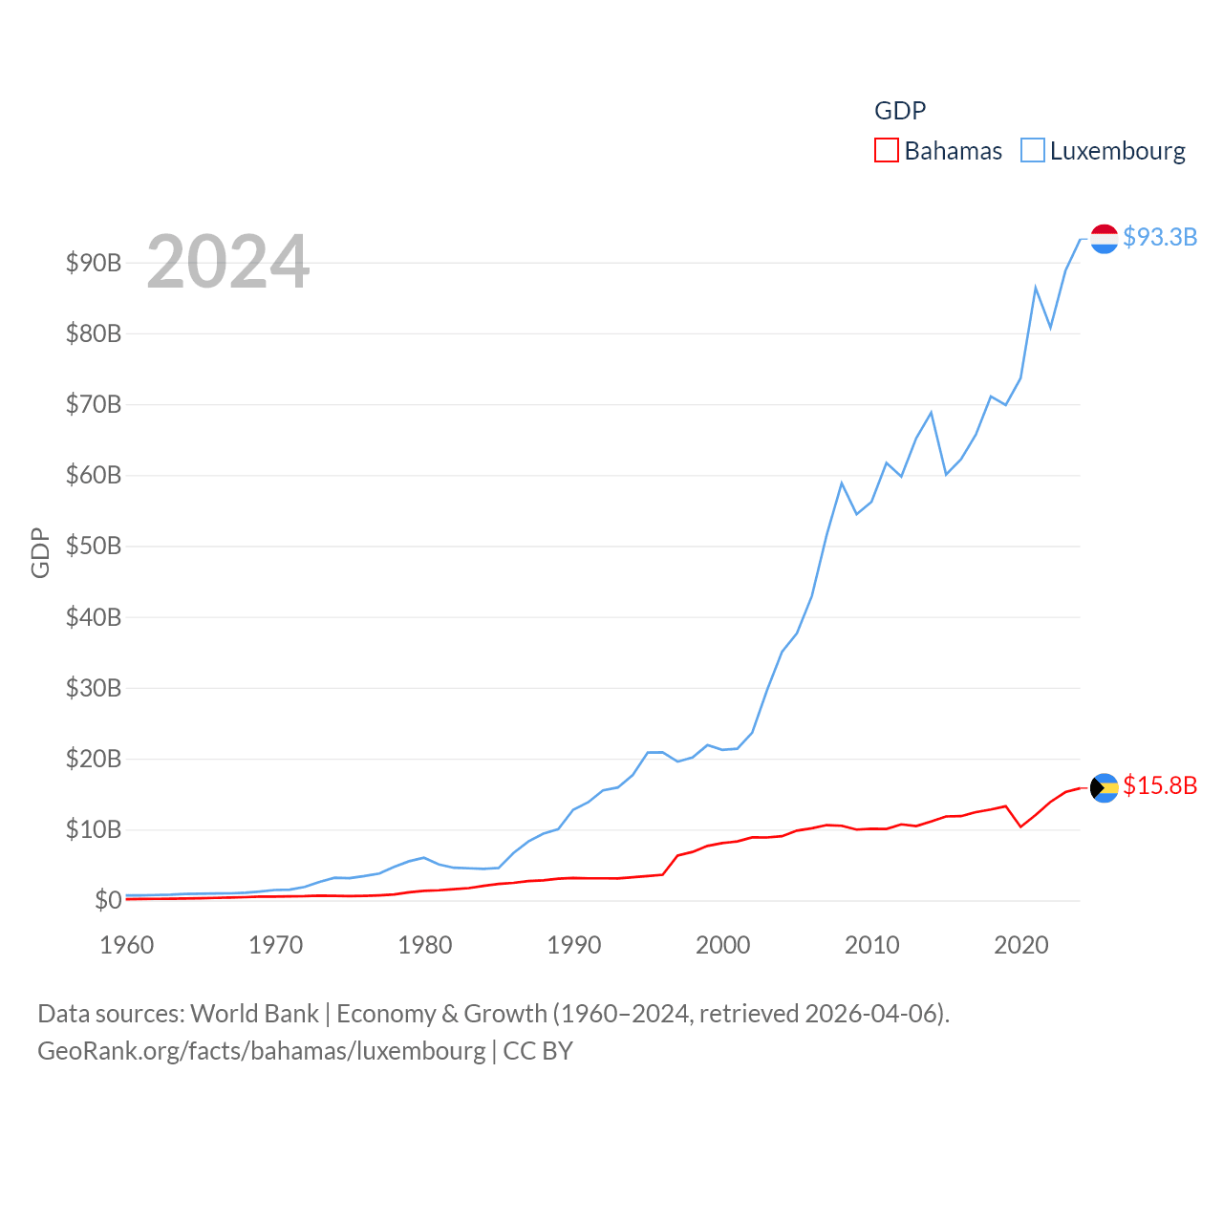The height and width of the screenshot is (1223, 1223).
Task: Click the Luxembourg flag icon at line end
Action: pyautogui.click(x=1105, y=239)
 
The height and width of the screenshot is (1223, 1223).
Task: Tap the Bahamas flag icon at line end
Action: pyautogui.click(x=1105, y=788)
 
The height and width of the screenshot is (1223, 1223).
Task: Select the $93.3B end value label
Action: pyautogui.click(x=1160, y=237)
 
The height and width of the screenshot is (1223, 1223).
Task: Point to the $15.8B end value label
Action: pyautogui.click(x=1160, y=785)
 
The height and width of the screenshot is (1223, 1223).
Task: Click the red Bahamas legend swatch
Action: pyautogui.click(x=887, y=151)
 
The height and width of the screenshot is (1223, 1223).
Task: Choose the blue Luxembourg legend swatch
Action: pyautogui.click(x=1033, y=151)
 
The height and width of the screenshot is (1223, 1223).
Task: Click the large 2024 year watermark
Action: pyautogui.click(x=227, y=262)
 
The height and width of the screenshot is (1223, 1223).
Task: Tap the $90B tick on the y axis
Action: pyautogui.click(x=94, y=263)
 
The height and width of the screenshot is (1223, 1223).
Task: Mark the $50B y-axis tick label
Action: pyautogui.click(x=94, y=547)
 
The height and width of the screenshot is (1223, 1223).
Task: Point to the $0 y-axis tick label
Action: pyautogui.click(x=108, y=900)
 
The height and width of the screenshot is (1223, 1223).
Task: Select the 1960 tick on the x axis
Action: pyautogui.click(x=127, y=945)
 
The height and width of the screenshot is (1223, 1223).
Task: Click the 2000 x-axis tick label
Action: pyautogui.click(x=723, y=945)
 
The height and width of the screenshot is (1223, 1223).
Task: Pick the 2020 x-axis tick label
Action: pyautogui.click(x=1021, y=945)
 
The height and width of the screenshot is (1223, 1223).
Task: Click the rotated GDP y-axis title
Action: pyautogui.click(x=40, y=552)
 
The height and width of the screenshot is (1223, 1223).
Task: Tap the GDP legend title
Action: pyautogui.click(x=900, y=111)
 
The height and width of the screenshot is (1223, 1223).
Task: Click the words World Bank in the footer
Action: pyautogui.click(x=254, y=1014)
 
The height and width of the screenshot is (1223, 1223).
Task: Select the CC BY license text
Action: pyautogui.click(x=538, y=1051)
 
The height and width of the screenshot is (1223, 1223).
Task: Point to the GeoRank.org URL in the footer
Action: pyautogui.click(x=261, y=1051)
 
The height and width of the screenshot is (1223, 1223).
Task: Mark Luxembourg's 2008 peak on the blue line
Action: pyautogui.click(x=842, y=483)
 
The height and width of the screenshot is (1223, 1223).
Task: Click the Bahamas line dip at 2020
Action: pyautogui.click(x=1020, y=826)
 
